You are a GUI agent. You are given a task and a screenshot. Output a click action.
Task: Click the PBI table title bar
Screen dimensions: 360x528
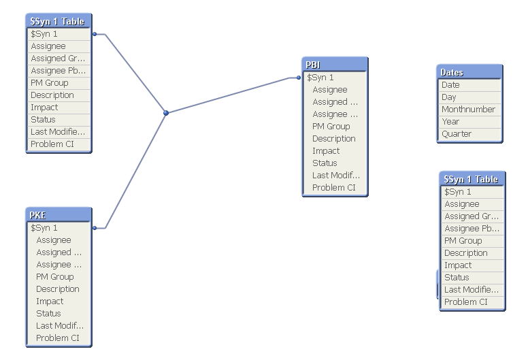334,65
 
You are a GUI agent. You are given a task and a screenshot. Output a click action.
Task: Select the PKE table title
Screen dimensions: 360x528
58,215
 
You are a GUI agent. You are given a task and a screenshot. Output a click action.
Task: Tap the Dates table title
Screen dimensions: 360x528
469,72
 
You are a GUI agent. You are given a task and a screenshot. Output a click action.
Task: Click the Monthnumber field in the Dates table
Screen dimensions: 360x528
468,110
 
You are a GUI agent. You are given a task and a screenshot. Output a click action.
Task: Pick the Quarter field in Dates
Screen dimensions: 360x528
457,134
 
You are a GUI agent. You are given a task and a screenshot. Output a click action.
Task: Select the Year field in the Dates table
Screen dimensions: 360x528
450,122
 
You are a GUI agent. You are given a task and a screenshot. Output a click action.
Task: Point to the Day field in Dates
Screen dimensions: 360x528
449,97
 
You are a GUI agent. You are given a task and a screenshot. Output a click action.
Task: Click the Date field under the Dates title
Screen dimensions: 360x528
450,85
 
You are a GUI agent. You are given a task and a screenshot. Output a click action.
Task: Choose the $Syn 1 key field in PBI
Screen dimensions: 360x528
320,78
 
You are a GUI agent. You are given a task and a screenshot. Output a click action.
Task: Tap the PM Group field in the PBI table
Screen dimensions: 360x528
331,127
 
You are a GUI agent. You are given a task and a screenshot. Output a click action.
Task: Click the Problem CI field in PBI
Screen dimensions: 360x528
334,188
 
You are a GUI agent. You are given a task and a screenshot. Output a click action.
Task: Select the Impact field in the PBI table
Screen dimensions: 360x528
326,151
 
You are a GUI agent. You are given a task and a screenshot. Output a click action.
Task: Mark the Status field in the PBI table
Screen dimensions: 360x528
325,163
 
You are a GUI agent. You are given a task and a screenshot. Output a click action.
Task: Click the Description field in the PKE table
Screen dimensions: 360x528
58,289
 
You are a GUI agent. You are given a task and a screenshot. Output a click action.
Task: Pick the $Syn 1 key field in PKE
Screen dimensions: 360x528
44,228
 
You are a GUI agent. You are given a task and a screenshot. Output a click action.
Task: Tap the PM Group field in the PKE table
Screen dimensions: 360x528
55,277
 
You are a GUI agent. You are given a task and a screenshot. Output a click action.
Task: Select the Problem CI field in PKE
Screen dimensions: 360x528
58,338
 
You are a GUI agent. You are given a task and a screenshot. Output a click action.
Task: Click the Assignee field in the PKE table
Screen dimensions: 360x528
54,240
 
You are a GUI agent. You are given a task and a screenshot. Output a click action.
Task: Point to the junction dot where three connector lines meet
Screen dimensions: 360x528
165,113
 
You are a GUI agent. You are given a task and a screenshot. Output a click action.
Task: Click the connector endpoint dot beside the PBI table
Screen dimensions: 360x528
299,78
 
